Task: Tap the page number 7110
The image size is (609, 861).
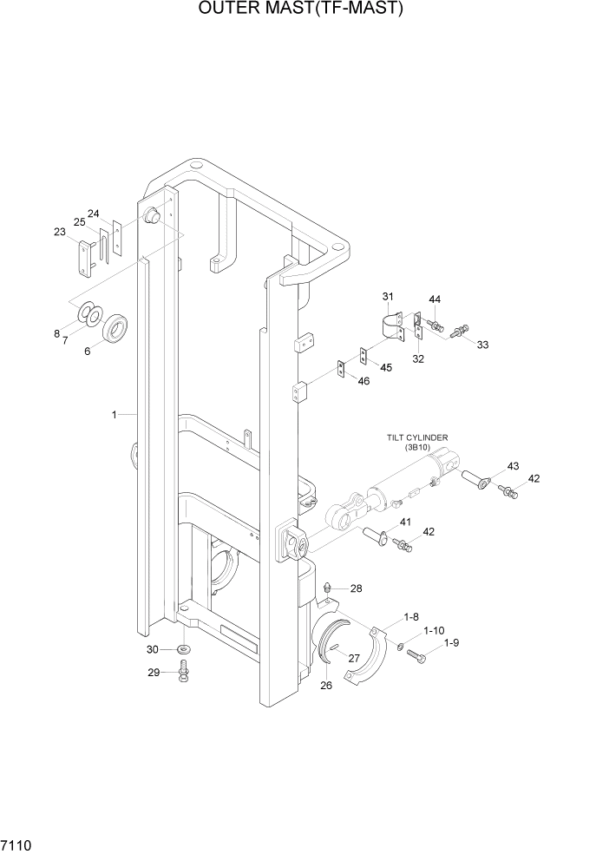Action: coord(18,844)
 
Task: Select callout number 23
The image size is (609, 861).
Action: coord(60,232)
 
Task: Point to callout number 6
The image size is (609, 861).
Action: coord(87,352)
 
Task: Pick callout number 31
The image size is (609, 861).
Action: coord(387,298)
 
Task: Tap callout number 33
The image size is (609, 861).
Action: coord(482,345)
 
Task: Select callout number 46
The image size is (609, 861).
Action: coord(363,381)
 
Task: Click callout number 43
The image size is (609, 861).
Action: coord(513,467)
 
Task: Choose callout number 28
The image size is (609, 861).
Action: coord(356,588)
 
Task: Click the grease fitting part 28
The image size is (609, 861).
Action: coord(329,589)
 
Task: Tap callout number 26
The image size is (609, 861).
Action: coord(326,686)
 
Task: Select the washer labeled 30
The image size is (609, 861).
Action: coord(184,650)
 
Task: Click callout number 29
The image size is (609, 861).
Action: coord(153,673)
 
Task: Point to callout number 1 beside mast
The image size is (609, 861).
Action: coord(114,415)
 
